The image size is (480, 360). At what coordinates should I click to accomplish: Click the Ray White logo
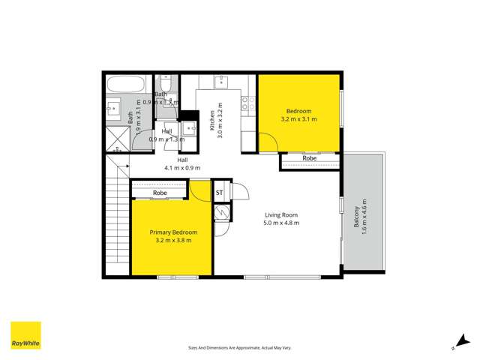coord(25,336)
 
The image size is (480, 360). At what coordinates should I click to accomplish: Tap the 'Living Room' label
coord(281,214)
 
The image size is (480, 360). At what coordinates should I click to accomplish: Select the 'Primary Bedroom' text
coord(173,232)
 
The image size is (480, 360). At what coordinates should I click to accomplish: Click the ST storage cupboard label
coord(220,193)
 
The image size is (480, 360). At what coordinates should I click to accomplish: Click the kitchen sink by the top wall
coord(221,82)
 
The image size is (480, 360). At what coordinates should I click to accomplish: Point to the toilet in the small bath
coord(166,82)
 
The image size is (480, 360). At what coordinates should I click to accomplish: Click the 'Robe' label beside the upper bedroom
coord(309,159)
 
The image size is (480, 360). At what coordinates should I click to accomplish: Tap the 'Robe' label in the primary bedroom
coord(159,193)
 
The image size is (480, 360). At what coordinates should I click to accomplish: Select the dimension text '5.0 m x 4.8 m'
coord(281,223)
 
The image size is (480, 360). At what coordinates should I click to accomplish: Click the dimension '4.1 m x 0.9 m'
coord(182,168)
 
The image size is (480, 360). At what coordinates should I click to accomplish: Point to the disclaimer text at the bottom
coord(240,348)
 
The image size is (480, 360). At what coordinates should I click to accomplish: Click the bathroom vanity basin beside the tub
coord(115,106)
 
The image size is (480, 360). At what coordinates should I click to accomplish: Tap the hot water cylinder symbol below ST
coord(222,213)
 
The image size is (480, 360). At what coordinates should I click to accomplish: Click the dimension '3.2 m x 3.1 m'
coord(298,118)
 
